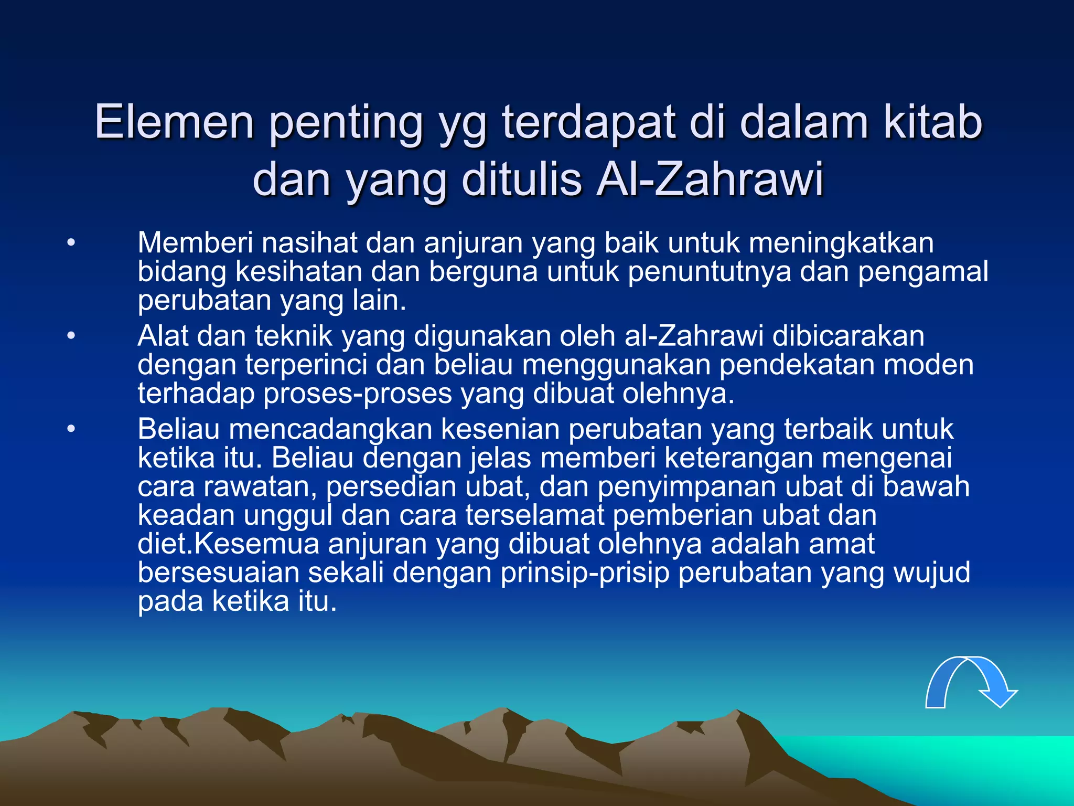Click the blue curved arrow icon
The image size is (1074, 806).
(x=970, y=682)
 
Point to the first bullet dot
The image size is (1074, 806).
(x=71, y=243)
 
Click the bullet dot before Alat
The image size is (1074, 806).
(x=71, y=336)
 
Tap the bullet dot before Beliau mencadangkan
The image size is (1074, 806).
(x=71, y=429)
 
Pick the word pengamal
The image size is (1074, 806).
(x=923, y=272)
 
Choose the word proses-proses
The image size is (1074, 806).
(x=358, y=393)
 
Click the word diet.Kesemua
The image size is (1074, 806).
(x=228, y=544)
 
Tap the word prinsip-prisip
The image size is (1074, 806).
(x=585, y=572)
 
